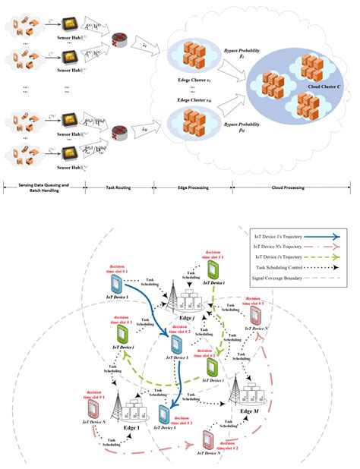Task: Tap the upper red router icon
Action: tap(120, 39)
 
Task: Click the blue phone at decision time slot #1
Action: tap(118, 285)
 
